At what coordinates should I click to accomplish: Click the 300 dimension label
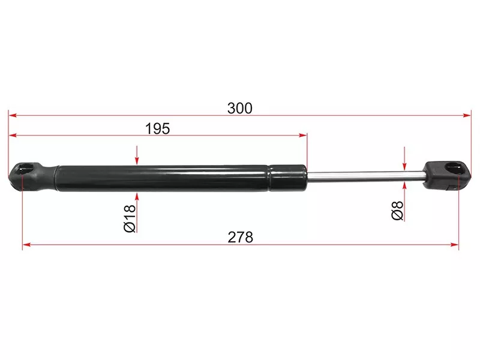pyautogui.click(x=239, y=109)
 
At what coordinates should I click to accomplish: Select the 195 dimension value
pyautogui.click(x=157, y=128)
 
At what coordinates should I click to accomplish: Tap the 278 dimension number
pyautogui.click(x=241, y=237)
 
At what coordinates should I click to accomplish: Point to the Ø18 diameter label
pyautogui.click(x=130, y=218)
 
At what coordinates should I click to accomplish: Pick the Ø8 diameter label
pyautogui.click(x=397, y=211)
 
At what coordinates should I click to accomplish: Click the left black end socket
pyautogui.click(x=33, y=177)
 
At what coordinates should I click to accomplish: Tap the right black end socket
pyautogui.click(x=447, y=175)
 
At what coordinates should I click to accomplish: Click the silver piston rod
pyautogui.click(x=365, y=177)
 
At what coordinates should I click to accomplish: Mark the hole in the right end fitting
pyautogui.click(x=455, y=169)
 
